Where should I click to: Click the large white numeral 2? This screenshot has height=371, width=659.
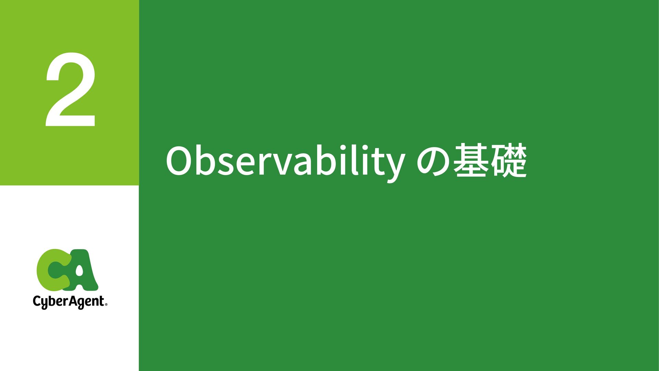tap(70, 90)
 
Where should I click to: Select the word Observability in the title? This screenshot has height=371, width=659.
tap(285, 162)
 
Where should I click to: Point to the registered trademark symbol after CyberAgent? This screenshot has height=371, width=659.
tap(106, 304)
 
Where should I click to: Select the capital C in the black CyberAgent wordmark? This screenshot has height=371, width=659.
tap(37, 301)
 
